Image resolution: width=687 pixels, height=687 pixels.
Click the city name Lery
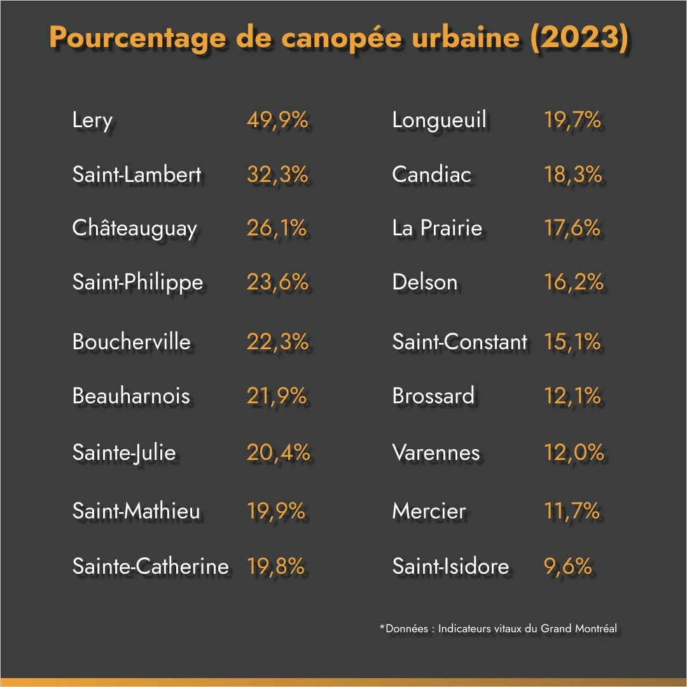click(x=92, y=120)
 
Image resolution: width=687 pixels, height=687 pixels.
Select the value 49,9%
click(x=277, y=120)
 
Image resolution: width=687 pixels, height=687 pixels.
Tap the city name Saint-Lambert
click(x=137, y=174)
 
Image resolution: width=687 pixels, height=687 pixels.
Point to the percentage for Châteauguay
click(x=277, y=228)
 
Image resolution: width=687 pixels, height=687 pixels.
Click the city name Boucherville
click(x=131, y=342)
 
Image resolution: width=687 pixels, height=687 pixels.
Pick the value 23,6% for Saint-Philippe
click(x=277, y=282)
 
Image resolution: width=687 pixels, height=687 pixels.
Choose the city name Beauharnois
click(x=131, y=396)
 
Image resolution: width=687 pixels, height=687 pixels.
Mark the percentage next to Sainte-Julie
click(x=278, y=452)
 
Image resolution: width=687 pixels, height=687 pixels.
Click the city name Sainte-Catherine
click(x=150, y=566)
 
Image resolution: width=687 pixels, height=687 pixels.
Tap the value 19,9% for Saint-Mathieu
click(x=276, y=511)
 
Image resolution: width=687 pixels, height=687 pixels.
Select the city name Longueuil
click(x=439, y=120)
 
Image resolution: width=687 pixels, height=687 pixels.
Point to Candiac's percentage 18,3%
click(x=573, y=174)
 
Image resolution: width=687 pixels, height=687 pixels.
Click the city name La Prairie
click(x=437, y=228)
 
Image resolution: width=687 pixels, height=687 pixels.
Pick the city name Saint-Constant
click(x=459, y=342)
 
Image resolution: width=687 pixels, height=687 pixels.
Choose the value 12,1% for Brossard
click(x=572, y=396)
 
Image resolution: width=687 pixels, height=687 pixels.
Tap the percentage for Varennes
click(x=574, y=452)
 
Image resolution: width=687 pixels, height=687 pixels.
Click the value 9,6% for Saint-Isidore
click(x=568, y=566)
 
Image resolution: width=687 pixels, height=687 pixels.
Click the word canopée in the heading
click(x=331, y=38)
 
